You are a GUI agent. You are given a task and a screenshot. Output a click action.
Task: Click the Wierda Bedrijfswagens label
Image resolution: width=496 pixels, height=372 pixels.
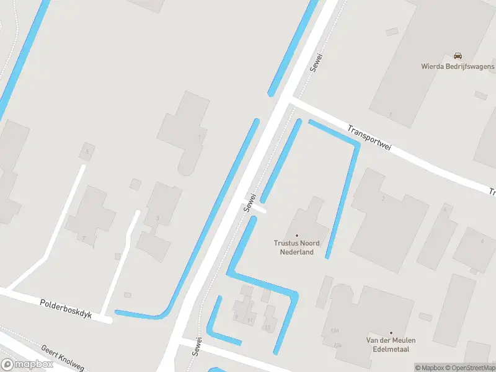tap(458, 66)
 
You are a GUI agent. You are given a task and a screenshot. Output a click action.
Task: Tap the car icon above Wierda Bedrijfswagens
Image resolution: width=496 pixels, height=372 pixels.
tap(458, 56)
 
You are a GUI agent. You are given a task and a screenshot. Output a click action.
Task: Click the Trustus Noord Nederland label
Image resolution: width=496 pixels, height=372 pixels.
tap(296, 248)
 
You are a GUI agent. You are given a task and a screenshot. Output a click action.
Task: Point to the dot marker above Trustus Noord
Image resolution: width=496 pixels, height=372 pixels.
tap(296, 236)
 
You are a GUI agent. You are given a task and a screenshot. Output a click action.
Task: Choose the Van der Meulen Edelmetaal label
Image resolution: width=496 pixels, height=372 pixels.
tap(391, 344)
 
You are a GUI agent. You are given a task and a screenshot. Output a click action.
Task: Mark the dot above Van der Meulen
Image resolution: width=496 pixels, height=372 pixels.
tap(391, 333)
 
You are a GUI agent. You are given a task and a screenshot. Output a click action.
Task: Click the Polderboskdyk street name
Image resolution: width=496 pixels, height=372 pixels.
tap(65, 309)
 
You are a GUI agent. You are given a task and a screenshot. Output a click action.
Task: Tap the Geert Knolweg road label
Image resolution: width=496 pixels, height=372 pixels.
tap(61, 357)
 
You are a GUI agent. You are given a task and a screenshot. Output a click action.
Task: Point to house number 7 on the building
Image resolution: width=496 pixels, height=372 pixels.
tap(83, 238)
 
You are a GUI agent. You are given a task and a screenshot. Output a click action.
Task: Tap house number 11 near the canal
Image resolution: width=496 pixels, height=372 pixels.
tap(250, 321)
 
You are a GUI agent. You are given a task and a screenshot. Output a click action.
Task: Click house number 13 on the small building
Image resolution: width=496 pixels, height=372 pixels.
tap(267, 327)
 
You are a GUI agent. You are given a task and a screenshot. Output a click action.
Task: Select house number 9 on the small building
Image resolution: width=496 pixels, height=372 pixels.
tap(236, 317)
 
